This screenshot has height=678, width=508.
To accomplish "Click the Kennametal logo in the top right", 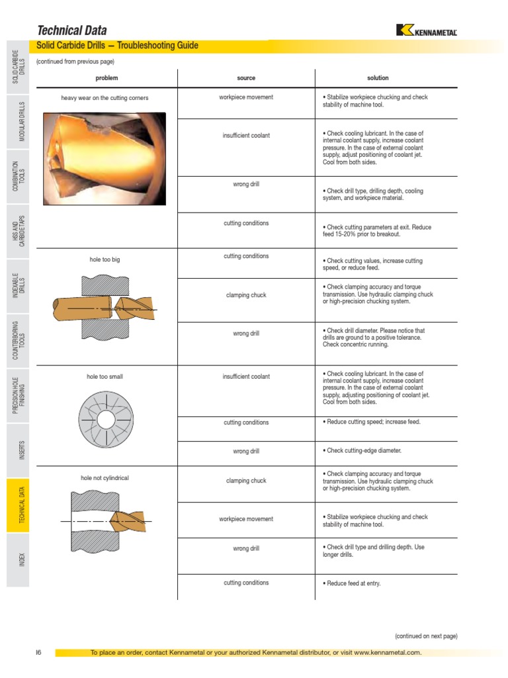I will pos(426,30).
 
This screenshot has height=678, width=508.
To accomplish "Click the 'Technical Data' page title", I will pos(71,30).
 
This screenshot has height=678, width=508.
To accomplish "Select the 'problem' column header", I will pos(106,78).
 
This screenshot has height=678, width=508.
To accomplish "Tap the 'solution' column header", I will pos(378,78).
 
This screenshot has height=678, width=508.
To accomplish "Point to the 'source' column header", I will pos(246,78).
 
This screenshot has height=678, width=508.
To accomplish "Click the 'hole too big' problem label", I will pos(105,260).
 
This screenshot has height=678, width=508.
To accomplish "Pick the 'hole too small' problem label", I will pos(105,377).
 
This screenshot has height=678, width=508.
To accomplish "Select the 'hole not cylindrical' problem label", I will pos(105,477).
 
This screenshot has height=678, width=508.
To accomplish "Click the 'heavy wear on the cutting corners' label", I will pos(105,98).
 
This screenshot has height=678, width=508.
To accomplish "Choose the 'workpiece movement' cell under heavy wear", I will pos(246,97).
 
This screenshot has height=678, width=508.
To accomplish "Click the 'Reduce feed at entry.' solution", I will pos(353,583).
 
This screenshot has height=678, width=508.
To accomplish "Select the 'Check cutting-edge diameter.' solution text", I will pos(363,451).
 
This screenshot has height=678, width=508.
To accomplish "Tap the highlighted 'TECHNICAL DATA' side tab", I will pos(22,505).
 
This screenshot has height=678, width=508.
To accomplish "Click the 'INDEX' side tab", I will pos(22,559).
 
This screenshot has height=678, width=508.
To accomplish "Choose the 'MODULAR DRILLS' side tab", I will pos(22,121).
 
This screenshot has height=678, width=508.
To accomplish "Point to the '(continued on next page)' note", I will pos(426,636).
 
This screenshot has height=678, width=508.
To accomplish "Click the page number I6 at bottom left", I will pos(38,653).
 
